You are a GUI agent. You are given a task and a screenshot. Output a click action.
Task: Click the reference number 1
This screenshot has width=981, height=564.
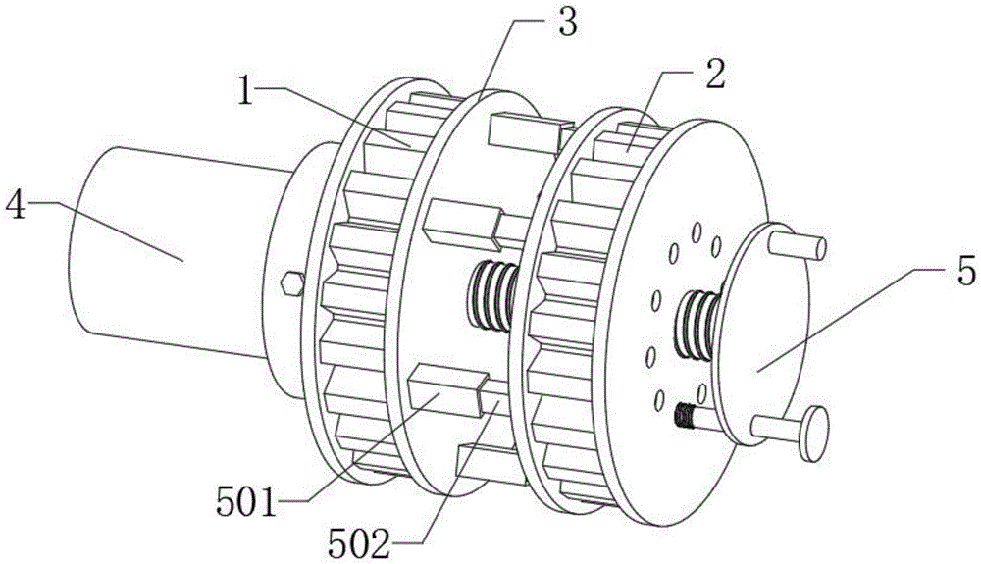246,90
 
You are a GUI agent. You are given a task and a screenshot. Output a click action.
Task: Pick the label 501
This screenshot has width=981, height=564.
246,501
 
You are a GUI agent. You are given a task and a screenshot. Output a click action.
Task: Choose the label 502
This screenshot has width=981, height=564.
360,543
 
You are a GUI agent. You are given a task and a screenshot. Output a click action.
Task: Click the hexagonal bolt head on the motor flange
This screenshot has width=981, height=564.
292,283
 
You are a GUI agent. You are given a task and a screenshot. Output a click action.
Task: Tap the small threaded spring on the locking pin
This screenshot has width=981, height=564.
685,415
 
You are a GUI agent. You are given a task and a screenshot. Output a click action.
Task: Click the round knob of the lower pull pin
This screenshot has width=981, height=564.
814,434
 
